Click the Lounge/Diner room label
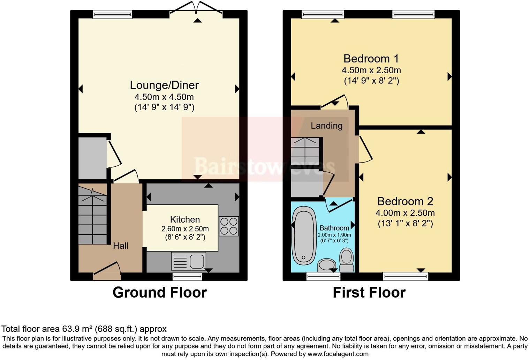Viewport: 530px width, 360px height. click(164, 85)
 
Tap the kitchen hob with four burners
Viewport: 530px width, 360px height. click(229, 226)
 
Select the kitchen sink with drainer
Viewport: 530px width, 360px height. click(189, 261)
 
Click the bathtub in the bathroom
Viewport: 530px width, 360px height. click(303, 235)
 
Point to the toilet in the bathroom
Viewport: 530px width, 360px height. click(347, 260)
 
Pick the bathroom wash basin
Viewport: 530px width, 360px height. click(326, 265)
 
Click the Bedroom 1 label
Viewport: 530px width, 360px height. click(371, 59)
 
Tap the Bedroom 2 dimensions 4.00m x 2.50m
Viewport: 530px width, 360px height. click(405, 213)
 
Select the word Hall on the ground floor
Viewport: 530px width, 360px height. click(121, 246)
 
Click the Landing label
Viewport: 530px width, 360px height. click(327, 126)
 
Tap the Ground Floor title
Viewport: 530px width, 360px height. click(160, 292)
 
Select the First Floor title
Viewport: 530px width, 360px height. click(369, 292)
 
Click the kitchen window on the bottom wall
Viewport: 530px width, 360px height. click(188, 277)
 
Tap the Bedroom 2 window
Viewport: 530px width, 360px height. click(405, 277)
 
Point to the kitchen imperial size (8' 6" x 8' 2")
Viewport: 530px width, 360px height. click(185, 237)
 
